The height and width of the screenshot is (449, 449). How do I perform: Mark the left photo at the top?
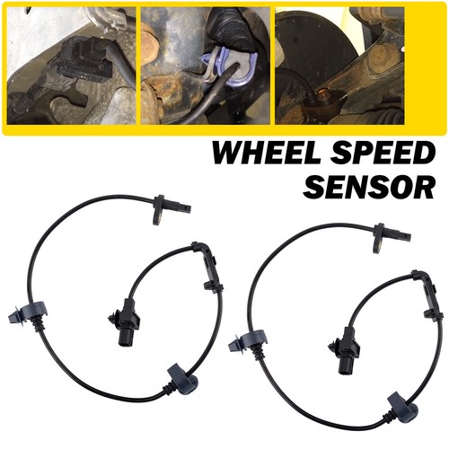(70, 65)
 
